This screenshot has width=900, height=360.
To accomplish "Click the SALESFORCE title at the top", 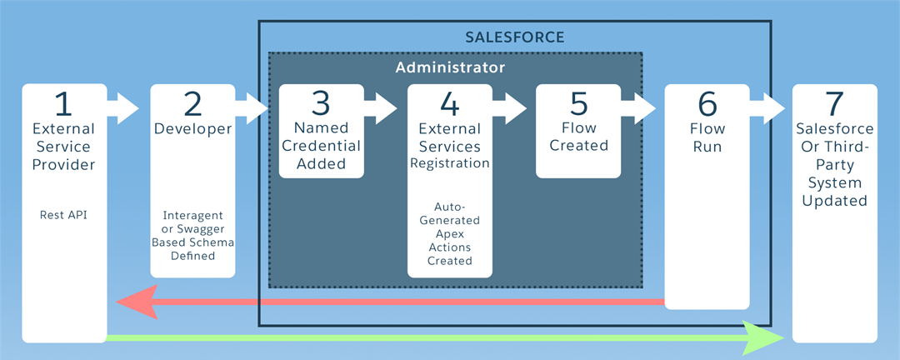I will [514, 37].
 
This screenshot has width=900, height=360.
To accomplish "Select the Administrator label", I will [450, 67].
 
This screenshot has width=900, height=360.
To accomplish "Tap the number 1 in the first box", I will [63, 104].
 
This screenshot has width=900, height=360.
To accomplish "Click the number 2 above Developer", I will [192, 104].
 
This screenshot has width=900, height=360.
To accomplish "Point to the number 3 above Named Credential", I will [321, 104].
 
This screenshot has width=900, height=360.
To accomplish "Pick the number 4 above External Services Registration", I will [449, 104].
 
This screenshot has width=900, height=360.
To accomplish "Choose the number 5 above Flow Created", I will [578, 104].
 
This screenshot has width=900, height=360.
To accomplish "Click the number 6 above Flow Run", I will [707, 104].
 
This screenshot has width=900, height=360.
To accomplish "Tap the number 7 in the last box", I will [835, 104].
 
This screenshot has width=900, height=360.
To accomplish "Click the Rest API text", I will [63, 215].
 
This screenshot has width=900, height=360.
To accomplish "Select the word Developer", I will [192, 129].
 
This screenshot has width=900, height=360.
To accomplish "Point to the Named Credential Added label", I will [321, 147].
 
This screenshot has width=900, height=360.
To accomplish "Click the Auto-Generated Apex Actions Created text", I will [449, 233].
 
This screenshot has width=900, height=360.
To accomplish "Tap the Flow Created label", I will [578, 137].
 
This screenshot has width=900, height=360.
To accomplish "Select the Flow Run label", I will [707, 137].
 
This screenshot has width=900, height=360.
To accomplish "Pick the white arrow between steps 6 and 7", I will [766, 107].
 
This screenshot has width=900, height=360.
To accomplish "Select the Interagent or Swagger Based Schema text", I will [192, 235].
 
